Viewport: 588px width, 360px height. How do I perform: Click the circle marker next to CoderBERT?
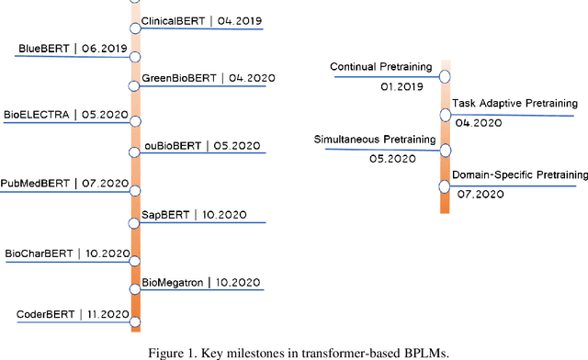(x=135, y=321)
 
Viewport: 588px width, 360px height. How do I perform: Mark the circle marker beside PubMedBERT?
(x=135, y=191)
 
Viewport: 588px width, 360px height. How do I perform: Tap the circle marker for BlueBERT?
(x=135, y=56)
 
